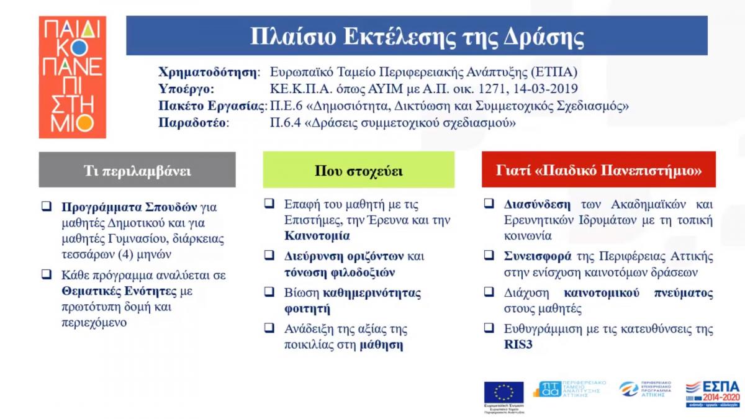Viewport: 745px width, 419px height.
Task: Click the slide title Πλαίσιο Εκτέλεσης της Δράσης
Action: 417,35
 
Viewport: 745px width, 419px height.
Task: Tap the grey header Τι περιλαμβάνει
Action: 137,170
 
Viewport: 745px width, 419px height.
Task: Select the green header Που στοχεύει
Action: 358,170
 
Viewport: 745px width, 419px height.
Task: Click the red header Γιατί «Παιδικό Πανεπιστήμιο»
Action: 598,170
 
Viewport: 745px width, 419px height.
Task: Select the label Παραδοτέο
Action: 193,123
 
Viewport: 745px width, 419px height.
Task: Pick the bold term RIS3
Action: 515,345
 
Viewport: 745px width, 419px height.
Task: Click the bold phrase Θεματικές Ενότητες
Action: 115,290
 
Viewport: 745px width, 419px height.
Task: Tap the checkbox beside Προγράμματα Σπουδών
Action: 47,207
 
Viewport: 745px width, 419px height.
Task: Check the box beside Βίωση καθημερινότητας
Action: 269,291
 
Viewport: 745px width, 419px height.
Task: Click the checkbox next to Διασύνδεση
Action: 489,203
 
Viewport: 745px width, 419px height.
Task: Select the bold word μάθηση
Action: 381,345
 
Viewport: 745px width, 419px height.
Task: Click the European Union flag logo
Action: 503,393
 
